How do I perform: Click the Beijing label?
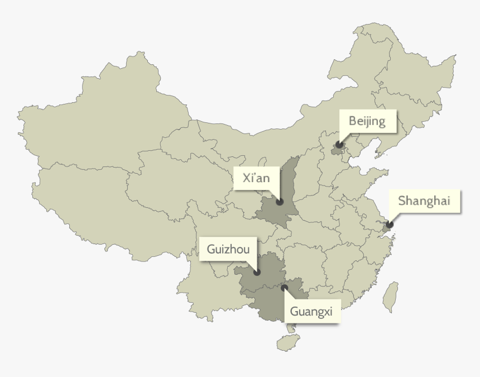[367, 121]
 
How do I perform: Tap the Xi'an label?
[256, 178]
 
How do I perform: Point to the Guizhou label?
[228, 249]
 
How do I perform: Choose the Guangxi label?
[311, 312]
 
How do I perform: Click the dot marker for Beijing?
[339, 145]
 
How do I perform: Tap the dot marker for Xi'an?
[280, 202]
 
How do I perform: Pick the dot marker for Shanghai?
[389, 225]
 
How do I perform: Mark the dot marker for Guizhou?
[257, 273]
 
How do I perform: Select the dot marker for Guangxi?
[285, 288]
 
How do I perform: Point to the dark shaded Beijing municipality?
[337, 149]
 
